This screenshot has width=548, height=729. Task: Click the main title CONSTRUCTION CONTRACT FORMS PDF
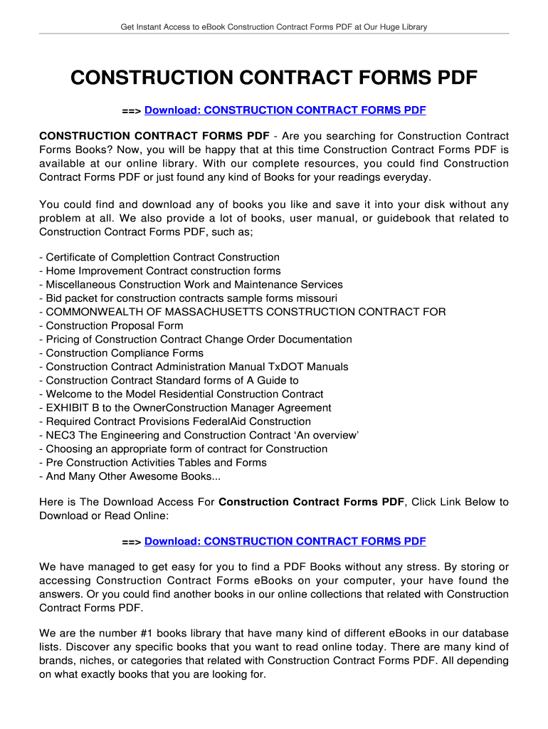pos(274,78)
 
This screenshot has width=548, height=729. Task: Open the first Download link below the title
pos(285,110)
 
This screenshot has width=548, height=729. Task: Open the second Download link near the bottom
pos(285,542)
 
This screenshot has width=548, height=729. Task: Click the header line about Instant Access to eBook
pos(273,27)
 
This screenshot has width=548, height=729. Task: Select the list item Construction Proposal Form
pos(114,326)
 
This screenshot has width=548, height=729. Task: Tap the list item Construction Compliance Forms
pos(124,353)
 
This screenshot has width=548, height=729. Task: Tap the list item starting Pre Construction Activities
pos(156,463)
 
